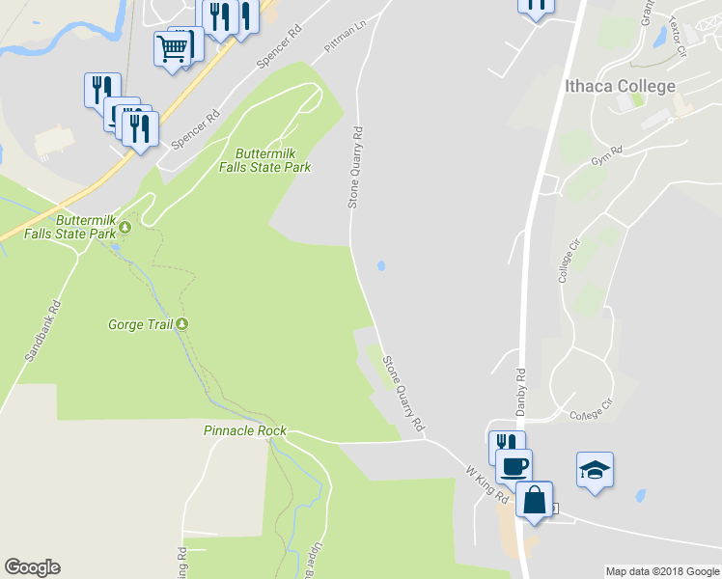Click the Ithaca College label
tap(620, 87)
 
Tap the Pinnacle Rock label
tap(245, 429)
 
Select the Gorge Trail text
tap(140, 324)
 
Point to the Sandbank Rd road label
tap(42, 330)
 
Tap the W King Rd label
tap(487, 482)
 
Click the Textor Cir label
tap(660, 35)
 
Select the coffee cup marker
tap(514, 466)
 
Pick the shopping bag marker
tap(534, 500)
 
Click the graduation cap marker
tap(595, 470)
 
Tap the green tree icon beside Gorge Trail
tap(180, 324)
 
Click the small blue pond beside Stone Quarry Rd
tap(382, 265)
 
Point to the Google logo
tap(32, 567)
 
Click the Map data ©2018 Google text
tap(662, 571)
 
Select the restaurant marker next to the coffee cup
tap(503, 444)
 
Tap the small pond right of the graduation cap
tap(639, 496)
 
